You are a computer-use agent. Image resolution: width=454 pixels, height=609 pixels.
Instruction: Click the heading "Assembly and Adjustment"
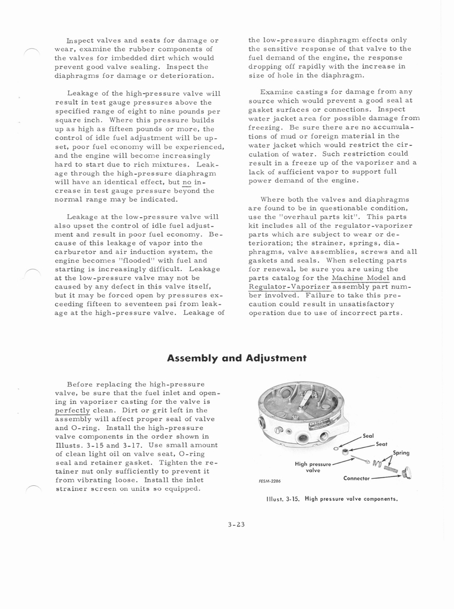tap(237, 358)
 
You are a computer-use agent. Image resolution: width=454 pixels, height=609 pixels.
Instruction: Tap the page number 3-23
tap(236, 524)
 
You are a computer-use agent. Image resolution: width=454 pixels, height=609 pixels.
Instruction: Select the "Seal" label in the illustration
tap(368, 436)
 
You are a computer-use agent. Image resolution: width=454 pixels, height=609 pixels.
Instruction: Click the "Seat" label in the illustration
tap(382, 444)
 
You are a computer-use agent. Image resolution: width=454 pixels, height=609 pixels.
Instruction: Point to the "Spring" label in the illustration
tap(401, 453)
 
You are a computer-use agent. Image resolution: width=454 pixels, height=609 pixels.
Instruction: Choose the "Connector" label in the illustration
tap(358, 478)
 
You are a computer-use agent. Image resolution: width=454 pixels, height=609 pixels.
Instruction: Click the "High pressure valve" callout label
tap(313, 466)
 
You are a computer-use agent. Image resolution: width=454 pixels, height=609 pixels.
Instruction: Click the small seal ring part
tap(336, 448)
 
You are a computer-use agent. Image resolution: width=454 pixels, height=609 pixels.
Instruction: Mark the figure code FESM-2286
tap(271, 481)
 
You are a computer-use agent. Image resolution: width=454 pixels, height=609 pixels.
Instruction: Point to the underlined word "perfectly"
tap(72, 410)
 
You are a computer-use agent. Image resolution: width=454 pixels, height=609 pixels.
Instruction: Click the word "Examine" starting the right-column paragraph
tap(276, 92)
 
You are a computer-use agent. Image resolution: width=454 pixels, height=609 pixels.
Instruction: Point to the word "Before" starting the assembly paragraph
tap(80, 385)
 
